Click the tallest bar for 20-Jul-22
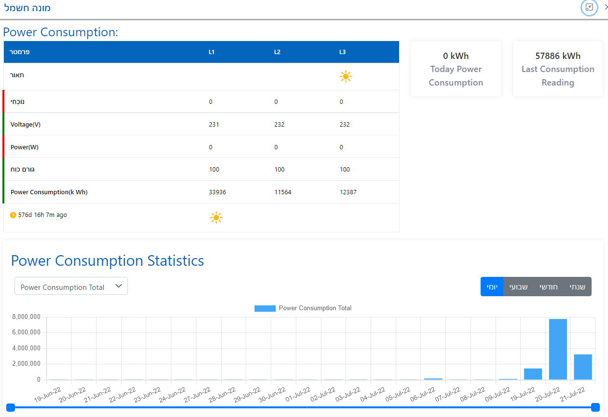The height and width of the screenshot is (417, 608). tap(558, 349)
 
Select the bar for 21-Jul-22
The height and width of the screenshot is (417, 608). tap(582, 367)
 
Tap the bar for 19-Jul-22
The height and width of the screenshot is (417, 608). tap(533, 374)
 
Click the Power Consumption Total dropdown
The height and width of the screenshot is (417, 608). tap(71, 287)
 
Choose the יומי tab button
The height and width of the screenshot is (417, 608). tap(492, 287)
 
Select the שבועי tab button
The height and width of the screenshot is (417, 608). tap(519, 287)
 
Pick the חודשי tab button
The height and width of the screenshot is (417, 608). tap(548, 287)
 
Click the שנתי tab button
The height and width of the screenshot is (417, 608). tap(578, 287)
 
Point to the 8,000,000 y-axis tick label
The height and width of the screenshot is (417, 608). tap(25, 317)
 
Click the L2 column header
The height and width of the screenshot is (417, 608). tap(277, 52)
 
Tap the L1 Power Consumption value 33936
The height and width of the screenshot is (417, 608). tap(217, 192)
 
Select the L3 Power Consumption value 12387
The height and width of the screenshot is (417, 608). tap(348, 192)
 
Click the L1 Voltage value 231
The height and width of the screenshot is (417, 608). tap(214, 124)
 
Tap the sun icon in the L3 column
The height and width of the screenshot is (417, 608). tap(345, 76)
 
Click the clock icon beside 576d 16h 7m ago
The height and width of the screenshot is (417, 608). tap(13, 215)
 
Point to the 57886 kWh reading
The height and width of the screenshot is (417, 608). tap(558, 56)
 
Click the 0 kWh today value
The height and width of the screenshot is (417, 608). tap(456, 56)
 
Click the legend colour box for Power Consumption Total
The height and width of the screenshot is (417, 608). tap(265, 308)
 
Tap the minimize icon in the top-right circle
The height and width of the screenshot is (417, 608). tap(589, 7)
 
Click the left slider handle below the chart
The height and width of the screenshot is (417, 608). tap(11, 407)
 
